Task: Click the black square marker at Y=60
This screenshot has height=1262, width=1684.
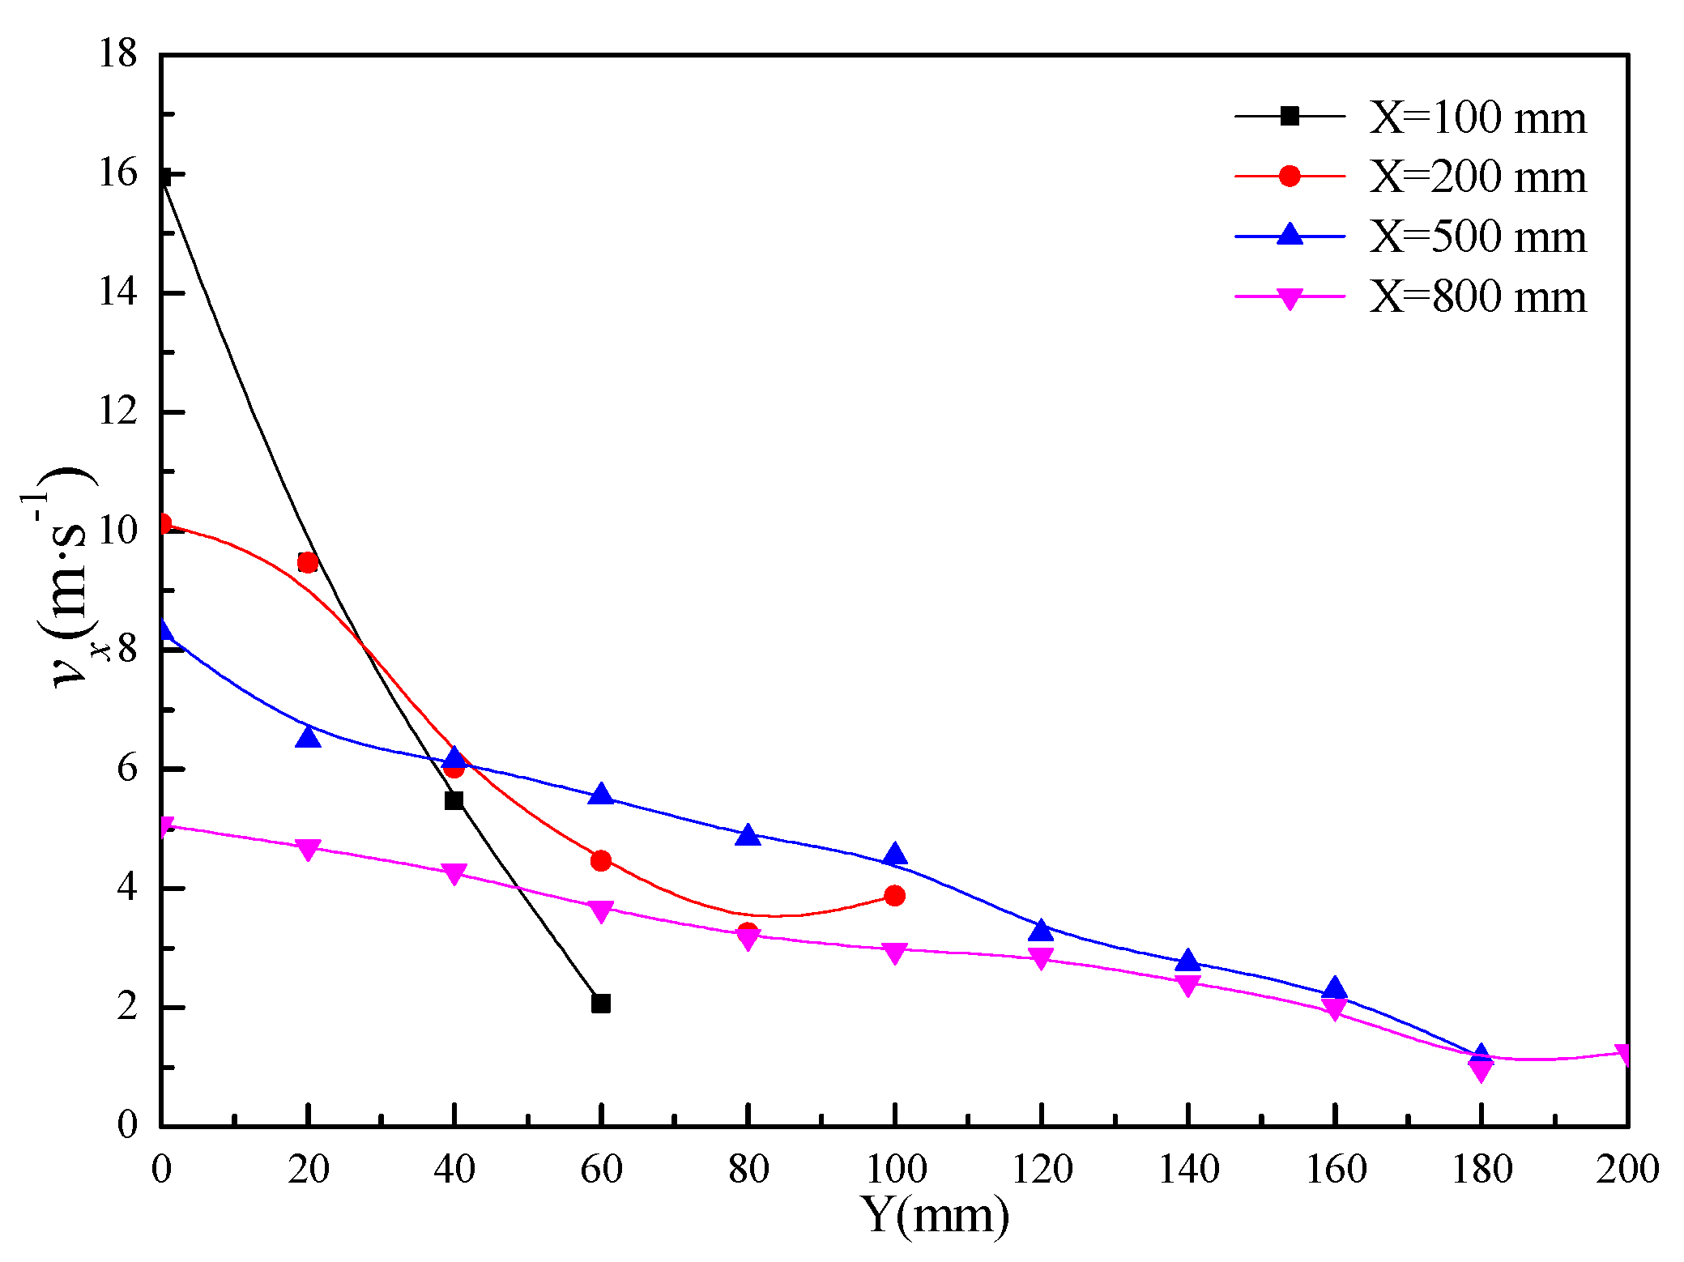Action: (x=600, y=1004)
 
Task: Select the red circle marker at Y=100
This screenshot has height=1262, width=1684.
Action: (x=894, y=895)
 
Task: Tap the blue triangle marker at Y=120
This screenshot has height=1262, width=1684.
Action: (x=1041, y=931)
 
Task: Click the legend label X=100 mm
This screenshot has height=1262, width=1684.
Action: (x=1477, y=118)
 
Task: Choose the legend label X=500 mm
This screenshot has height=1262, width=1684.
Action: (x=1477, y=237)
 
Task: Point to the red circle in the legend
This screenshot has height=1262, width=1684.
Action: (x=1290, y=176)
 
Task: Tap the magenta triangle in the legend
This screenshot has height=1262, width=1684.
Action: (x=1290, y=298)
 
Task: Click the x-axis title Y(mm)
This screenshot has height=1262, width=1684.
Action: (x=936, y=1215)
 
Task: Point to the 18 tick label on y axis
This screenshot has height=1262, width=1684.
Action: (x=118, y=54)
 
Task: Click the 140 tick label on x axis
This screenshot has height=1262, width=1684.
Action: (x=1188, y=1170)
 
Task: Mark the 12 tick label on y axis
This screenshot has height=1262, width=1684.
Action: (x=118, y=411)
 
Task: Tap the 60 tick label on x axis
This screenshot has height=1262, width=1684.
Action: (x=601, y=1170)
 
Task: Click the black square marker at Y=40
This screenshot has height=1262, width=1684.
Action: (x=454, y=800)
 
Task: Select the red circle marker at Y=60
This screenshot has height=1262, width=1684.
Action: (x=600, y=860)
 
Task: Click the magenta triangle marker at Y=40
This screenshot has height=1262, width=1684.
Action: (x=454, y=873)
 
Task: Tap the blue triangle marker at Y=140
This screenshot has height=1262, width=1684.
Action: (x=1187, y=961)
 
